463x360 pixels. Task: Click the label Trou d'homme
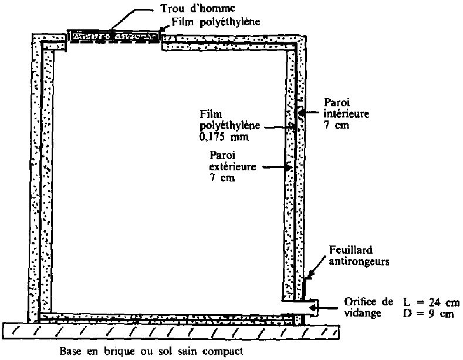point(198,8)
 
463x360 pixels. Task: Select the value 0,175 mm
point(224,137)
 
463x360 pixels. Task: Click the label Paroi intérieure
point(346,108)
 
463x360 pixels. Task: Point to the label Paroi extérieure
point(232,161)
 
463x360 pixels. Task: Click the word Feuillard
point(351,250)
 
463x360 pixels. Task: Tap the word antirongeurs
point(359,261)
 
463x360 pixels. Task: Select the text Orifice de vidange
point(369,307)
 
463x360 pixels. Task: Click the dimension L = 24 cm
point(431,302)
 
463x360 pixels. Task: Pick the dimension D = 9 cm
point(428,314)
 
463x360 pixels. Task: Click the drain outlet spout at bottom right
point(310,308)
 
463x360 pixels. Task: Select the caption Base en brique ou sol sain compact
point(151,351)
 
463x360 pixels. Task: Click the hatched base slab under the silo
point(171,331)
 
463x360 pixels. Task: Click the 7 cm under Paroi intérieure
point(336,125)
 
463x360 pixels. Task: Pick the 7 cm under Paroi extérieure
point(222,177)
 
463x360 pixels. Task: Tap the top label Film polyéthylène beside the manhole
point(216,22)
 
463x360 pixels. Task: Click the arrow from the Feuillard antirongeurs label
point(316,267)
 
